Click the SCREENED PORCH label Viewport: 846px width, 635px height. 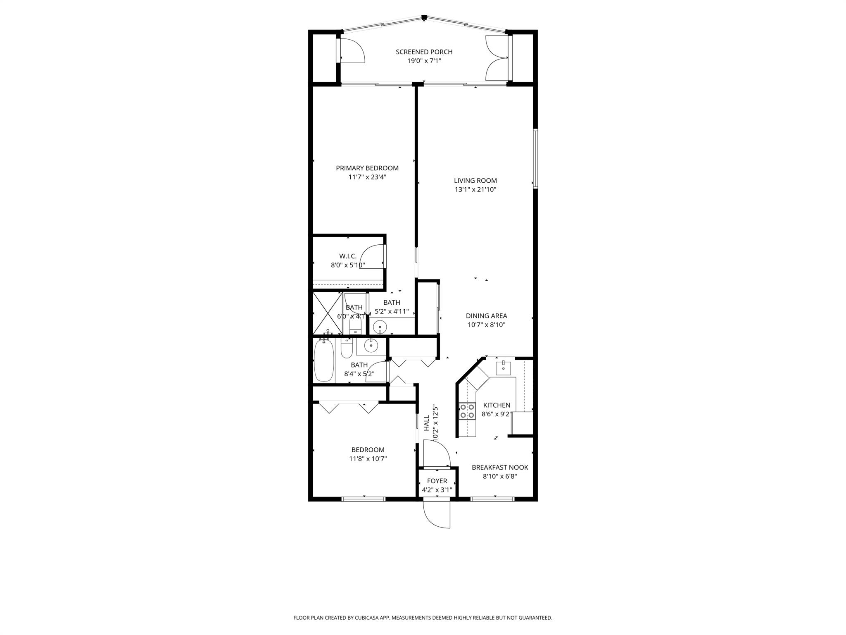pos(424,52)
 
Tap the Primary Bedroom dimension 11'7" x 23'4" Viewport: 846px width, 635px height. pos(367,177)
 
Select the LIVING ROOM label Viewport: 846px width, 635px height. pos(475,181)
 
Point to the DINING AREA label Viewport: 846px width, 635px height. pos(486,316)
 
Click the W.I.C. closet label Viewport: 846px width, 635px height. pos(348,256)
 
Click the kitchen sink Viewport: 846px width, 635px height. pos(503,367)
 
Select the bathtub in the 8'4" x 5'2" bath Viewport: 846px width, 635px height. pos(323,360)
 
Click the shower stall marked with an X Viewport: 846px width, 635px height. pos(328,313)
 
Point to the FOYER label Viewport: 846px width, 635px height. pos(437,481)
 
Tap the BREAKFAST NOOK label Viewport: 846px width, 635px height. pos(500,468)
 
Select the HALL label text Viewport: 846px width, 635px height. pos(426,423)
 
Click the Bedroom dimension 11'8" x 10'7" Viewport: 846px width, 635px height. pos(368,459)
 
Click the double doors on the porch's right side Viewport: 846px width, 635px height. pos(497,58)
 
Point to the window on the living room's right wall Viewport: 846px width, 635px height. pos(535,159)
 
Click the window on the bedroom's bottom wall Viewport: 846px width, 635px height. pos(364,499)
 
